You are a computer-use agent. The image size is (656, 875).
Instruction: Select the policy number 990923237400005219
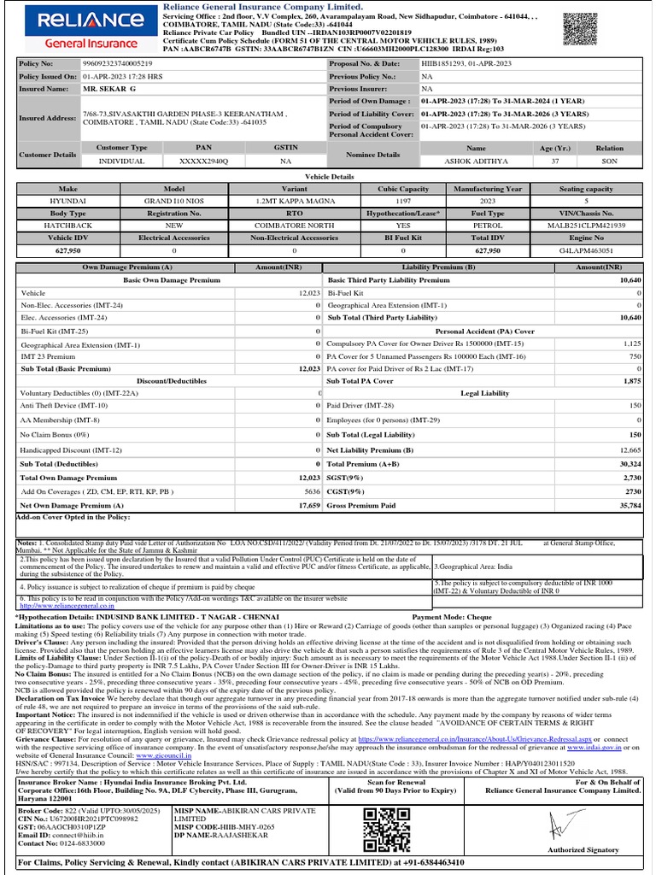tap(118, 64)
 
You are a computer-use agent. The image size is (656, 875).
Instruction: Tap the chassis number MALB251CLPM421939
tap(596, 226)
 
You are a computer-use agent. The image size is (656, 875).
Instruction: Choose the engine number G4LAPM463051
tap(596, 250)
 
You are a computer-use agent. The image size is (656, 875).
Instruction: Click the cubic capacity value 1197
tap(402, 201)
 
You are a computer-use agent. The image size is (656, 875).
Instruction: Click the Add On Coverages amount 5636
tap(311, 492)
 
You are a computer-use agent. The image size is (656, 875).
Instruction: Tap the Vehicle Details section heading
tap(329, 176)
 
